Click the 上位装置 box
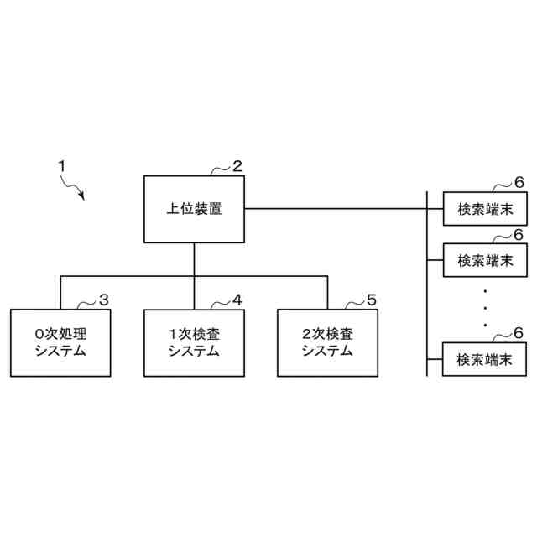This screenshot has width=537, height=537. pyautogui.click(x=194, y=209)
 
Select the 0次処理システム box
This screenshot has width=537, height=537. pyautogui.click(x=60, y=342)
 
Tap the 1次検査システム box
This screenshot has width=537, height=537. pyautogui.click(x=194, y=342)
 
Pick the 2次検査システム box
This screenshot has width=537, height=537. pyautogui.click(x=327, y=342)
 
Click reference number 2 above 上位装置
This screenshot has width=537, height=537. pyautogui.click(x=237, y=165)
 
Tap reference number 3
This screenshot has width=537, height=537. pyautogui.click(x=104, y=300)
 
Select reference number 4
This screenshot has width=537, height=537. pyautogui.click(x=237, y=300)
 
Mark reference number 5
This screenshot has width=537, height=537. pyautogui.click(x=372, y=300)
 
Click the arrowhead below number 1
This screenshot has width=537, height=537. pyautogui.click(x=82, y=196)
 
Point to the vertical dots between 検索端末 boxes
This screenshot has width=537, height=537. pyautogui.click(x=485, y=308)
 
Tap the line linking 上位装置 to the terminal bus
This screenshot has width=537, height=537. pyautogui.click(x=336, y=209)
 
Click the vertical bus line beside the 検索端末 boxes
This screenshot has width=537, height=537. pyautogui.click(x=427, y=285)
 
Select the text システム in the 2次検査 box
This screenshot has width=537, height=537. pyautogui.click(x=327, y=352)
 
